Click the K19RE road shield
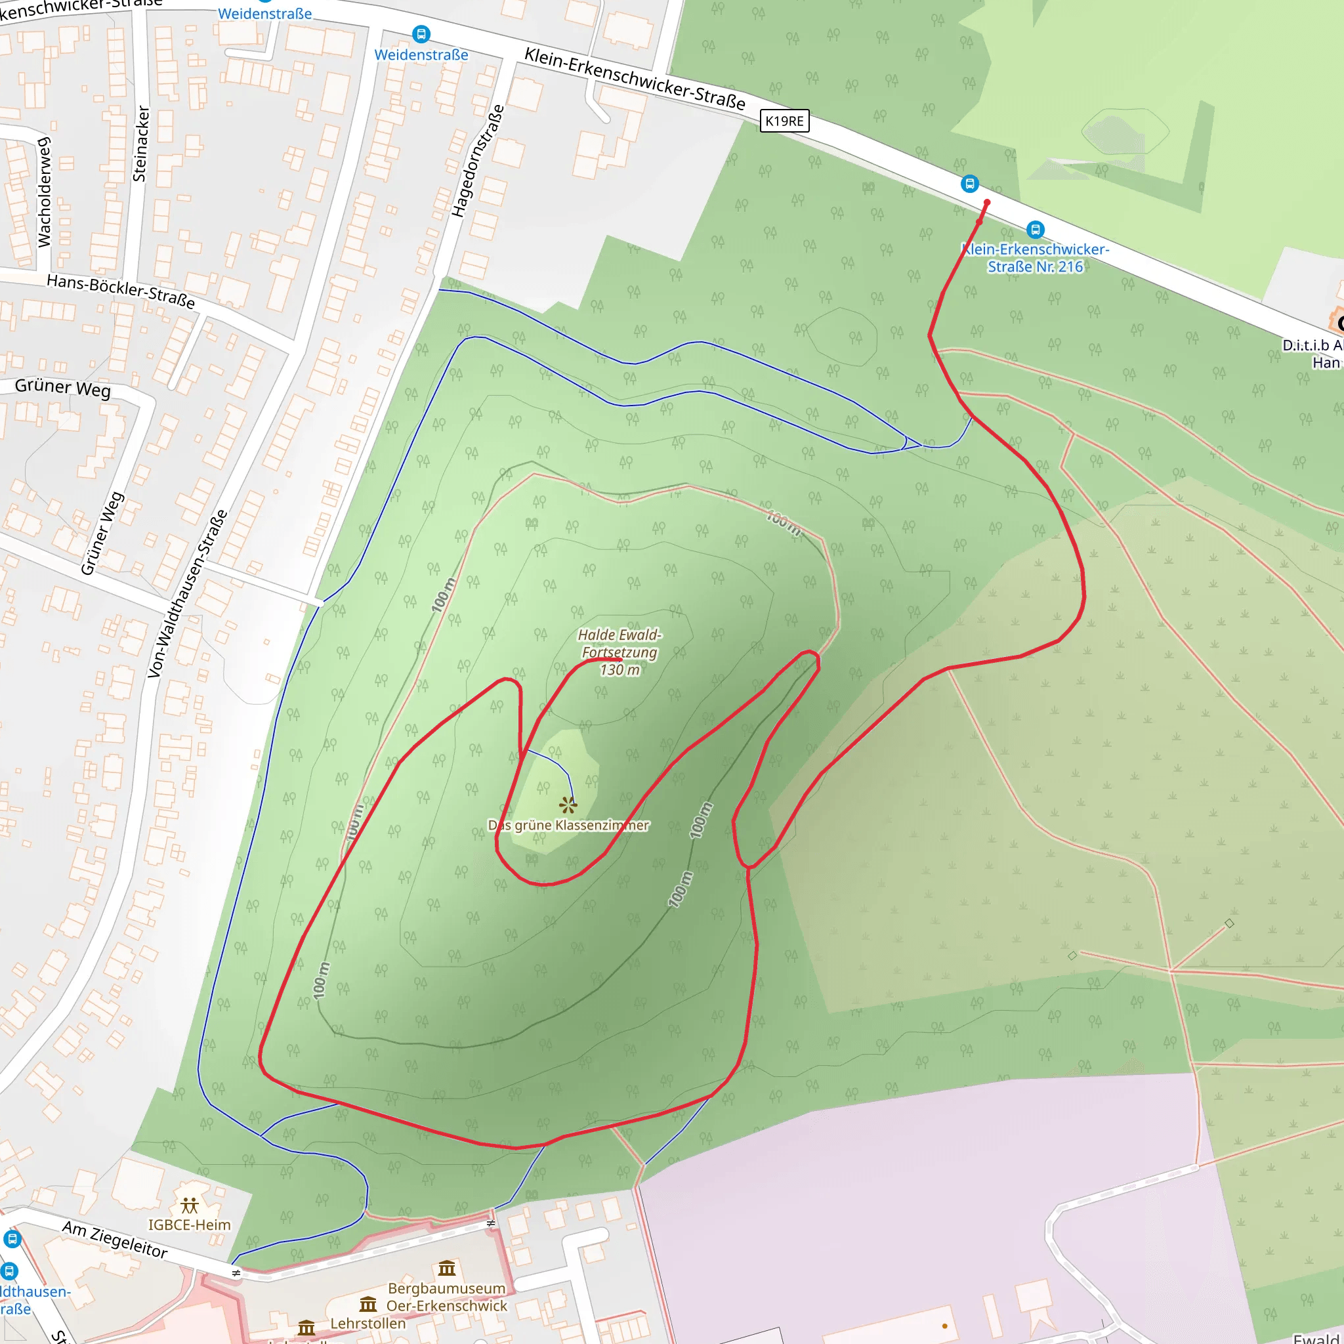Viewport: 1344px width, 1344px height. click(x=784, y=121)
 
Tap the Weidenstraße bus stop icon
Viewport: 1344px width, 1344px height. click(x=421, y=33)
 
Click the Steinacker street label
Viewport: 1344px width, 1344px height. click(x=140, y=144)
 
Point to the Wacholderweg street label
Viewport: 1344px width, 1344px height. click(x=44, y=192)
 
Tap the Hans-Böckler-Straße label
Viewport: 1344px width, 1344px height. click(x=120, y=291)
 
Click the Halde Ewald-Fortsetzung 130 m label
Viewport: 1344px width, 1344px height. click(x=619, y=652)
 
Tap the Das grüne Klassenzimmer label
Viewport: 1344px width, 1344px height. click(x=568, y=825)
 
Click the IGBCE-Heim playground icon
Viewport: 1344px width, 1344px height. click(x=189, y=1205)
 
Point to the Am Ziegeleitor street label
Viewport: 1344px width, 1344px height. click(x=115, y=1239)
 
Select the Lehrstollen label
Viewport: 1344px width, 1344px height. click(x=367, y=1323)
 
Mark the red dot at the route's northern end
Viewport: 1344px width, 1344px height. click(x=986, y=202)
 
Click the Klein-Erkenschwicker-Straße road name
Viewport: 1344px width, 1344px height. click(x=635, y=79)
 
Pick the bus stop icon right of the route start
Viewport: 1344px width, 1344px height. click(x=1035, y=229)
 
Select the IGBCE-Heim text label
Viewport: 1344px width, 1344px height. click(x=189, y=1225)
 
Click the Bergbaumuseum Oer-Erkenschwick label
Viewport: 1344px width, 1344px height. click(x=447, y=1297)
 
